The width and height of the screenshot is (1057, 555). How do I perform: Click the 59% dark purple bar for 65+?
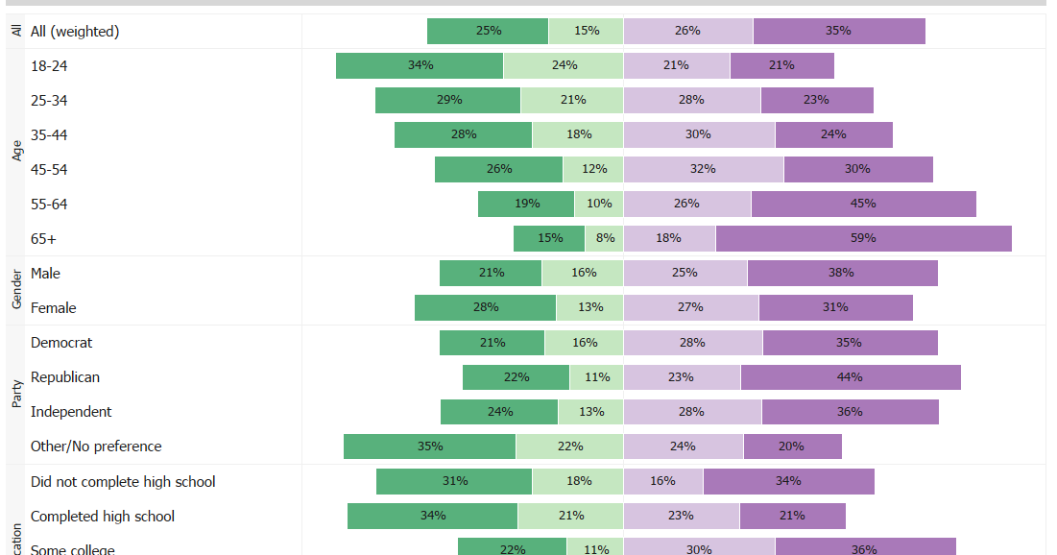point(863,238)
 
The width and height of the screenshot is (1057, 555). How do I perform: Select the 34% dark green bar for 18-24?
point(420,65)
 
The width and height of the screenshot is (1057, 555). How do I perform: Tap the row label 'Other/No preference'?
point(96,446)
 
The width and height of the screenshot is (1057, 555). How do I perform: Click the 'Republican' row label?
point(65,376)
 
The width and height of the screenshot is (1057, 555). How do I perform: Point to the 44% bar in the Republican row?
point(850,376)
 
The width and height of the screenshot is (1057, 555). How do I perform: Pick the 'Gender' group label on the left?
point(16,290)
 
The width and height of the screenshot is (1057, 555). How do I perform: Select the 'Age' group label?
point(16,151)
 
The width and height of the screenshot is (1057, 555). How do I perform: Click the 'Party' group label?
point(16,394)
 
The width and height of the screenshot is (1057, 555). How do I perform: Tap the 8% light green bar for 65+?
point(604,238)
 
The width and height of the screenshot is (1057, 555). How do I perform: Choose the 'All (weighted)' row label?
point(75,31)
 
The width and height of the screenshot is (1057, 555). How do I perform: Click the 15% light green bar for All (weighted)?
point(586,31)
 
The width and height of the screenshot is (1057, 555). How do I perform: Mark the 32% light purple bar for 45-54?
point(703,169)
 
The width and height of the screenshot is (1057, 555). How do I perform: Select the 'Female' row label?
point(53,307)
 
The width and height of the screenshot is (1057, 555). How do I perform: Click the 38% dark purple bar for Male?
point(842,273)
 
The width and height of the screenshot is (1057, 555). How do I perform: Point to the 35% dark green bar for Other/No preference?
point(429,446)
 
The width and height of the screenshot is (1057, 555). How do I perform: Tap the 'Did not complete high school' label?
point(123,481)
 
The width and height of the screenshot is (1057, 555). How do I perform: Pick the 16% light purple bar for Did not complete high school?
point(662,480)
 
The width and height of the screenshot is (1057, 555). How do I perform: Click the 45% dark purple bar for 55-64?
point(863,204)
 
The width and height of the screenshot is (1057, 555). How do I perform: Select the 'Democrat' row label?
point(61,342)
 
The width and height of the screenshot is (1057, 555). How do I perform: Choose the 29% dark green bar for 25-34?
point(447,100)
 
